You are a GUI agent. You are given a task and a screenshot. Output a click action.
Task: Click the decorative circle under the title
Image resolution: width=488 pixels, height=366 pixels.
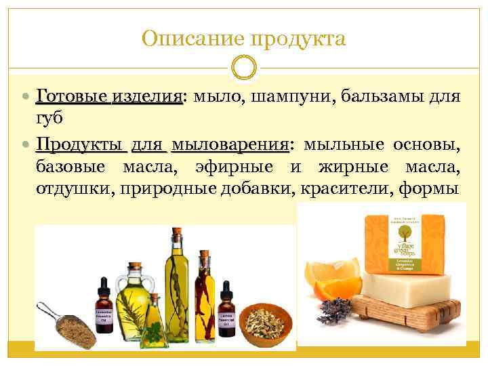click(244, 67)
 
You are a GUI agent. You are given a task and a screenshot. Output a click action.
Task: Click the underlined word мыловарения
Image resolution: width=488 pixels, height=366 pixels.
click(230, 145)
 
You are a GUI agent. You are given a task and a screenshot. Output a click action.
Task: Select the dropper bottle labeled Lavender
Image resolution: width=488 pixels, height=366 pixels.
click(104, 308)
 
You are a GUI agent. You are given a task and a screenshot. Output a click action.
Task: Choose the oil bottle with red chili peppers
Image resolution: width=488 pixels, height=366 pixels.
click(204, 291)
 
